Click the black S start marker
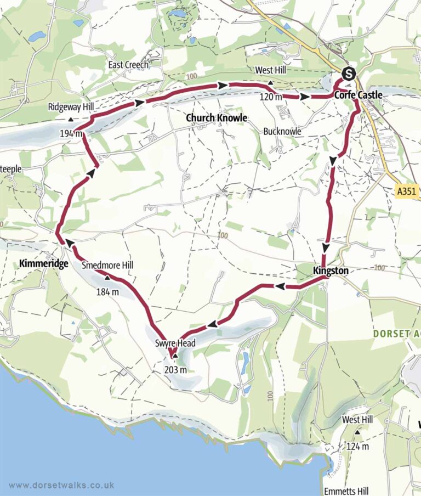(x=348, y=72)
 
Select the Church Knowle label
(x=217, y=118)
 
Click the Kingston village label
(x=331, y=270)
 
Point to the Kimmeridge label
(x=43, y=264)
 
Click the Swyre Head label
(x=178, y=344)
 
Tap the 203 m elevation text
(x=175, y=369)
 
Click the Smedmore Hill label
(x=107, y=266)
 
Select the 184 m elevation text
(x=107, y=291)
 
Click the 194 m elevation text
(x=71, y=133)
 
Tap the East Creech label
(x=128, y=65)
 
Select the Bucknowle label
(x=283, y=132)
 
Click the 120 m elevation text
(x=271, y=98)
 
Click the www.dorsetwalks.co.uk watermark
(x=61, y=485)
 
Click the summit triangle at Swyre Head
(x=175, y=356)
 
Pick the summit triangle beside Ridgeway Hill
(x=71, y=119)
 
